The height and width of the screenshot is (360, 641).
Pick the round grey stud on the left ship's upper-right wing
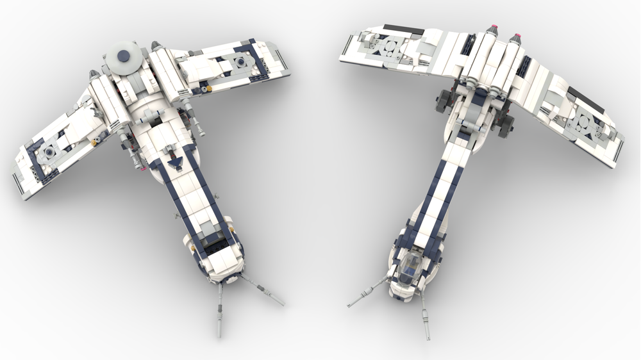click(x=241, y=61)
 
